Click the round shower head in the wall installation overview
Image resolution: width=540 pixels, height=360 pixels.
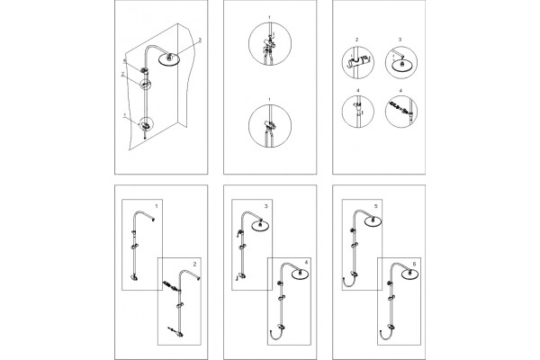point(169,58)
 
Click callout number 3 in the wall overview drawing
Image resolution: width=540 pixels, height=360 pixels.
point(200,40)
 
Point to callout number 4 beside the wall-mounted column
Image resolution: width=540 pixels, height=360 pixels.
point(125,60)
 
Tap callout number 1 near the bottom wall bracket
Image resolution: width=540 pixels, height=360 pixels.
point(125,115)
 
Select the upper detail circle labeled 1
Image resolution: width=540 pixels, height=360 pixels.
point(270,44)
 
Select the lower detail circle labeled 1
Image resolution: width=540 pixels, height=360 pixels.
point(270,126)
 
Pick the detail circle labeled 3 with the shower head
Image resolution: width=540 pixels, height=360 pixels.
point(401,63)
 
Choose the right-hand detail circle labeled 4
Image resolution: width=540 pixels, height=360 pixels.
point(401,112)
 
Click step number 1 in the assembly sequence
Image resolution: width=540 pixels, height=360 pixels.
point(157,206)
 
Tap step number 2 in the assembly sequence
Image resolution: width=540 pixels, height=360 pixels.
point(194,265)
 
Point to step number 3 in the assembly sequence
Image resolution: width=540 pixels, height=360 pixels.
point(265,206)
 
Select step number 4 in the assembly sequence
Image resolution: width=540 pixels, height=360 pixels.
point(306,263)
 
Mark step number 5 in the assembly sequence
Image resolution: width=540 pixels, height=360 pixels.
point(375,206)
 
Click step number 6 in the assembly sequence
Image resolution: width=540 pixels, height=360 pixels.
point(414,265)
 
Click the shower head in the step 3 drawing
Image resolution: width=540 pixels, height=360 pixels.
point(261,225)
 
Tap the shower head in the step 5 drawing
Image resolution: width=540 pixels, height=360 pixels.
point(373,220)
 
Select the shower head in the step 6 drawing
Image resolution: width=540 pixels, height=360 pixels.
point(410,274)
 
